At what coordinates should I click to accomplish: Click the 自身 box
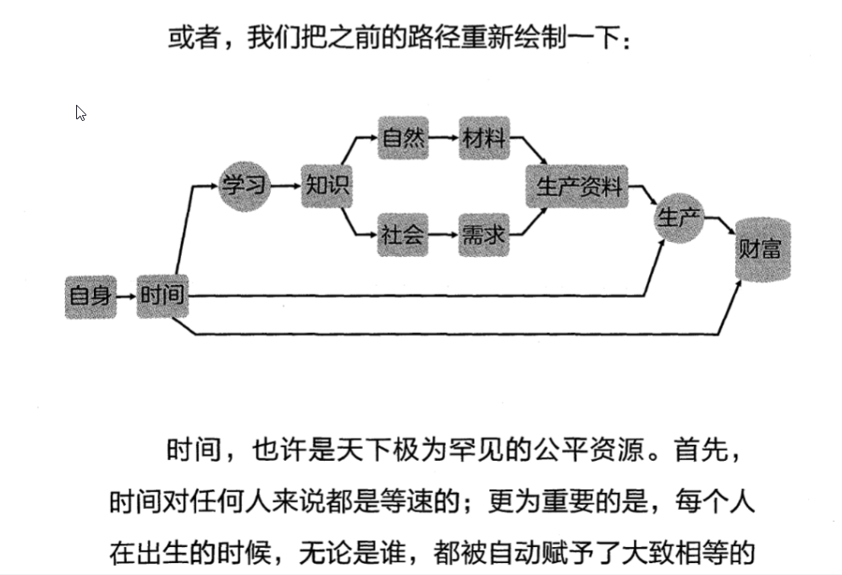91,296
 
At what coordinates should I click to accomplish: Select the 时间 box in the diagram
162,296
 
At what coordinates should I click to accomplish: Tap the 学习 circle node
245,186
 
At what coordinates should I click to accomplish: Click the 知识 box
327,186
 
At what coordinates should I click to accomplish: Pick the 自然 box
403,138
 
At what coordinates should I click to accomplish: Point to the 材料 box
484,138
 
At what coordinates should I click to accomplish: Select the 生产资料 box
577,186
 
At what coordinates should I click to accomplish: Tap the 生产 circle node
680,218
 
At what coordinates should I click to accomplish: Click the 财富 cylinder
762,249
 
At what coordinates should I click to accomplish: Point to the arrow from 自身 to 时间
126,297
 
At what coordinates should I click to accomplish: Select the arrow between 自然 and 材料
443,138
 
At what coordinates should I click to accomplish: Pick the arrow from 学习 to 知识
286,186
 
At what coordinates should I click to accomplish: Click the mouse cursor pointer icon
81,113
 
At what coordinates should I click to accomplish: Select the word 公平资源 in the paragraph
580,449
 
